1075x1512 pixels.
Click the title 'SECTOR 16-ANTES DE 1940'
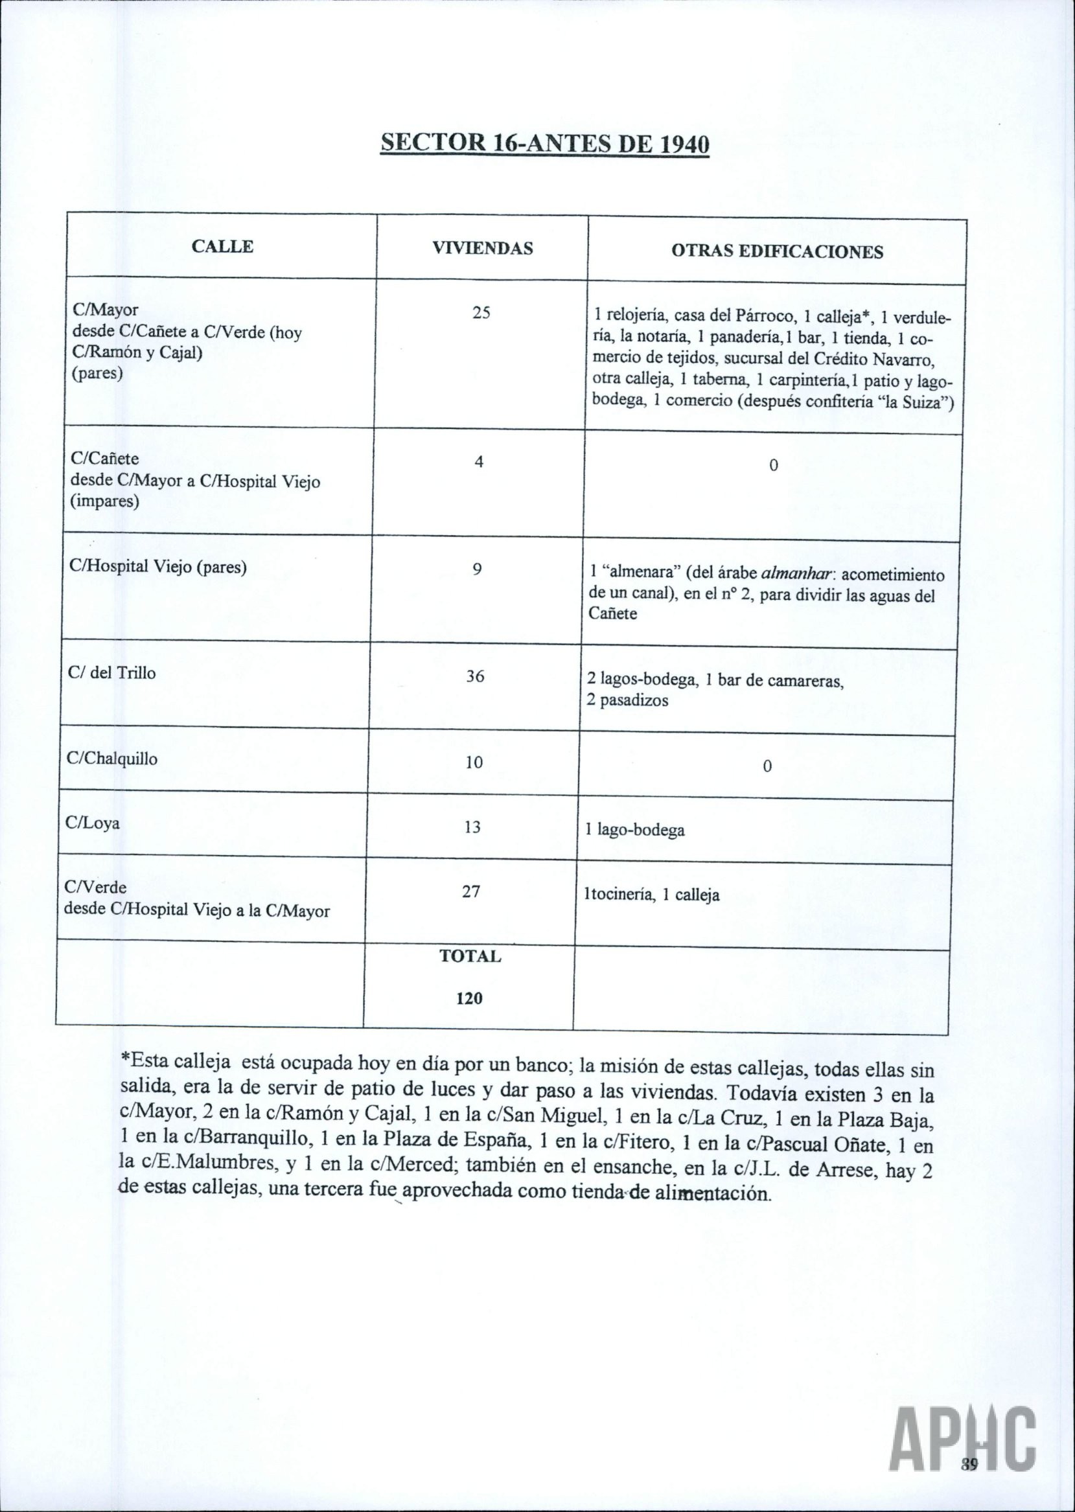click(544, 144)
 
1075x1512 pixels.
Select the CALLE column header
click(222, 247)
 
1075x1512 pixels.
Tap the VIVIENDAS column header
click(483, 249)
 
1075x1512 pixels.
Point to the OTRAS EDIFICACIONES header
click(777, 252)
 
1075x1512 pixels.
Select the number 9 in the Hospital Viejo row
click(478, 568)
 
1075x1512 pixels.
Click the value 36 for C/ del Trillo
click(475, 676)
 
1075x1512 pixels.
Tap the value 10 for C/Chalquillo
click(473, 762)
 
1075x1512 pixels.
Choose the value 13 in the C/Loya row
click(472, 827)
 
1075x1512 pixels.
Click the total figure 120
click(469, 998)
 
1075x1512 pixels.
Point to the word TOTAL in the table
click(470, 957)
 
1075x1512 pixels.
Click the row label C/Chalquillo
click(113, 759)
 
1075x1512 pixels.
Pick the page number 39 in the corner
click(970, 1468)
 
